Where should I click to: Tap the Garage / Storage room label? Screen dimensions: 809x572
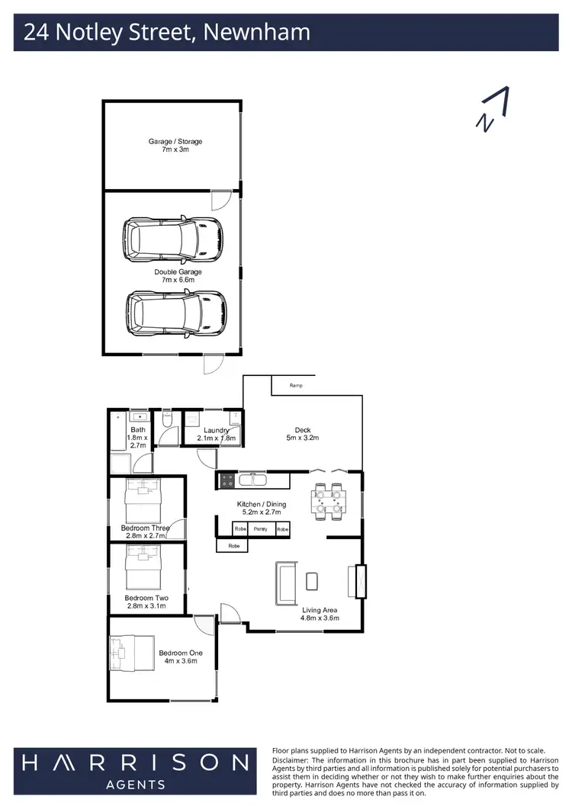click(x=175, y=145)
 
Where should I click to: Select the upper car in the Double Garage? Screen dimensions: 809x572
click(x=175, y=238)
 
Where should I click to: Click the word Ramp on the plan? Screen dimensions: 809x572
click(x=296, y=386)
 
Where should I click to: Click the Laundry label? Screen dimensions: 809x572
click(x=217, y=434)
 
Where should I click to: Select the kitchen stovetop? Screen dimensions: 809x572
click(x=227, y=480)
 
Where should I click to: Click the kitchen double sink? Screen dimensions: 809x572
click(x=252, y=480)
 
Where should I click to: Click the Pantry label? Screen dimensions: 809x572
click(x=261, y=528)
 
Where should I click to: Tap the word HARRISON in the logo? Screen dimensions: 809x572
click(x=134, y=762)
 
